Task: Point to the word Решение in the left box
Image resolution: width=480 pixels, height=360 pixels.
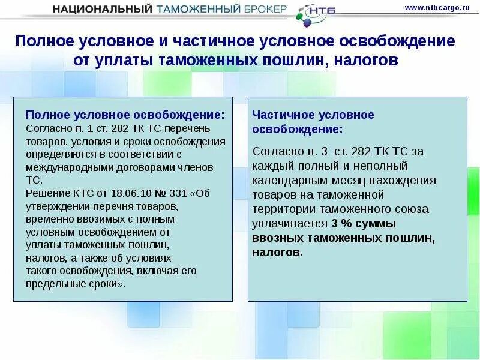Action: [x=46, y=193]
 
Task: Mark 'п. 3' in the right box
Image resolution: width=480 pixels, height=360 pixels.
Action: [x=313, y=151]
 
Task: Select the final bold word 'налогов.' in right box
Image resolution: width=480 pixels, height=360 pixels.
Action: [x=278, y=253]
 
